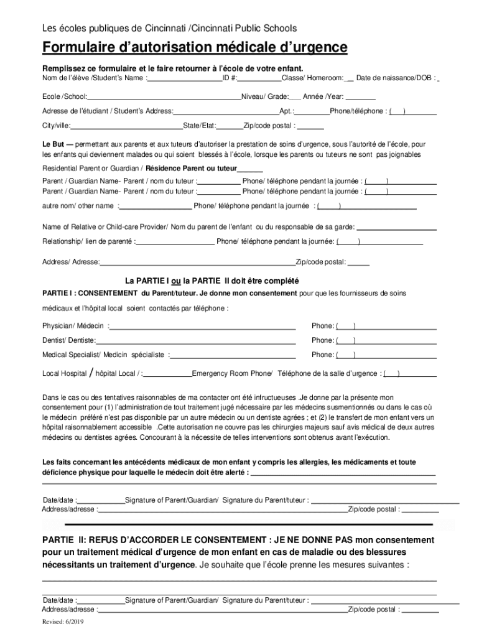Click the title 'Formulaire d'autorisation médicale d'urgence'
(x=195, y=49)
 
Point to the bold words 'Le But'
(x=53, y=144)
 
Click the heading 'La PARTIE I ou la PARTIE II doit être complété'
(x=212, y=280)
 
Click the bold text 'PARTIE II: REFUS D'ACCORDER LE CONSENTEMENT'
(x=156, y=540)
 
